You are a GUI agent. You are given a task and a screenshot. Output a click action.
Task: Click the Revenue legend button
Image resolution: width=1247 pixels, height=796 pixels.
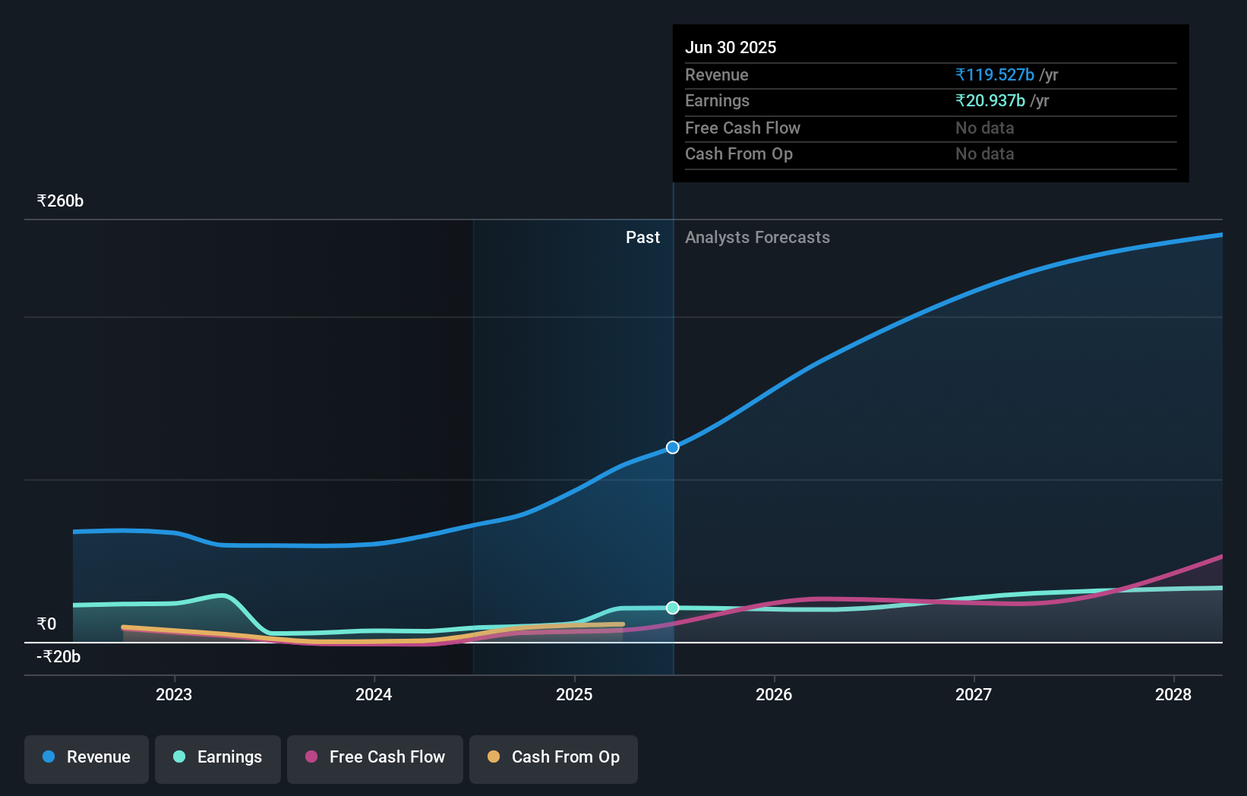pyautogui.click(x=87, y=757)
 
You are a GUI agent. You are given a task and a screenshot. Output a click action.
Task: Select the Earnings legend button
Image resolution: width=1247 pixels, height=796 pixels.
pyautogui.click(x=218, y=757)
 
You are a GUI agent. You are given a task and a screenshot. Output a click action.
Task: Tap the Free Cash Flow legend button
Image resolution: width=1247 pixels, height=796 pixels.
pyautogui.click(x=375, y=757)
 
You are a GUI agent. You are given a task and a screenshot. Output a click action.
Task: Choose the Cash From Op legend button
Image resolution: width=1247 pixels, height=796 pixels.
pyautogui.click(x=554, y=757)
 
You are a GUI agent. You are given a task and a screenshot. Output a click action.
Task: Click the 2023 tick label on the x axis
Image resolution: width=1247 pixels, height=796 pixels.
pyautogui.click(x=174, y=694)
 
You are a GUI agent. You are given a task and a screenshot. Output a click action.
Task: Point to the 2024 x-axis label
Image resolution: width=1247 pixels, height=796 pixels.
pyautogui.click(x=374, y=694)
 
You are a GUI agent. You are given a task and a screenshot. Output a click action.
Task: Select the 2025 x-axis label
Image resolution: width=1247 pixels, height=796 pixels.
pyautogui.click(x=574, y=694)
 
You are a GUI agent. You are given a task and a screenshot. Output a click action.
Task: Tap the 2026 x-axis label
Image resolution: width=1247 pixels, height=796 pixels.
pyautogui.click(x=774, y=694)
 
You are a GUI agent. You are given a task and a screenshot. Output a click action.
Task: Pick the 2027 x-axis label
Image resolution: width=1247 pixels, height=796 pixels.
pyautogui.click(x=974, y=694)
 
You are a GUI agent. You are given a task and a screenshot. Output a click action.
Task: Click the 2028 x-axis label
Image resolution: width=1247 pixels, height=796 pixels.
pyautogui.click(x=1173, y=694)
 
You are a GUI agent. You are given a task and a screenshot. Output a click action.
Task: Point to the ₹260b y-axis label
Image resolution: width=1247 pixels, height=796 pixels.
pyautogui.click(x=60, y=201)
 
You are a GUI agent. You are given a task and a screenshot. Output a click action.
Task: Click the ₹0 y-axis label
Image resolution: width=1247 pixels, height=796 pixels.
pyautogui.click(x=46, y=624)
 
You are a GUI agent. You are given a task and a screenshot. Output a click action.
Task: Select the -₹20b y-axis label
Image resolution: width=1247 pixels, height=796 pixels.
pyautogui.click(x=58, y=657)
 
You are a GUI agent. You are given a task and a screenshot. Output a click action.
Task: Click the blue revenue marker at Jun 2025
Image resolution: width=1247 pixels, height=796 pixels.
pyautogui.click(x=673, y=447)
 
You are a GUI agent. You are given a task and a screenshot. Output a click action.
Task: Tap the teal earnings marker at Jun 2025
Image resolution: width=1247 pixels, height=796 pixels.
pyautogui.click(x=673, y=608)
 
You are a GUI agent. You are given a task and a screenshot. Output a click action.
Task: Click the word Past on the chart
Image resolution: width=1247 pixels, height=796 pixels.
pyautogui.click(x=642, y=238)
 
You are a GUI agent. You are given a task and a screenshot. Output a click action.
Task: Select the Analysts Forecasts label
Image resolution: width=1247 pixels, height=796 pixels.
pyautogui.click(x=757, y=238)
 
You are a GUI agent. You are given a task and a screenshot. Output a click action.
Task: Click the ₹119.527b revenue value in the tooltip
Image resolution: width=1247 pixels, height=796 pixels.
pyautogui.click(x=995, y=75)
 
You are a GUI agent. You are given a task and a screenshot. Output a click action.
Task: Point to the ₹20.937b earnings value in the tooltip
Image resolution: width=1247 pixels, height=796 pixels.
pyautogui.click(x=990, y=101)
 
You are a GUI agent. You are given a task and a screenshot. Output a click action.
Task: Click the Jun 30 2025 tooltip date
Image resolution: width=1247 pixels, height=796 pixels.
pyautogui.click(x=731, y=48)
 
